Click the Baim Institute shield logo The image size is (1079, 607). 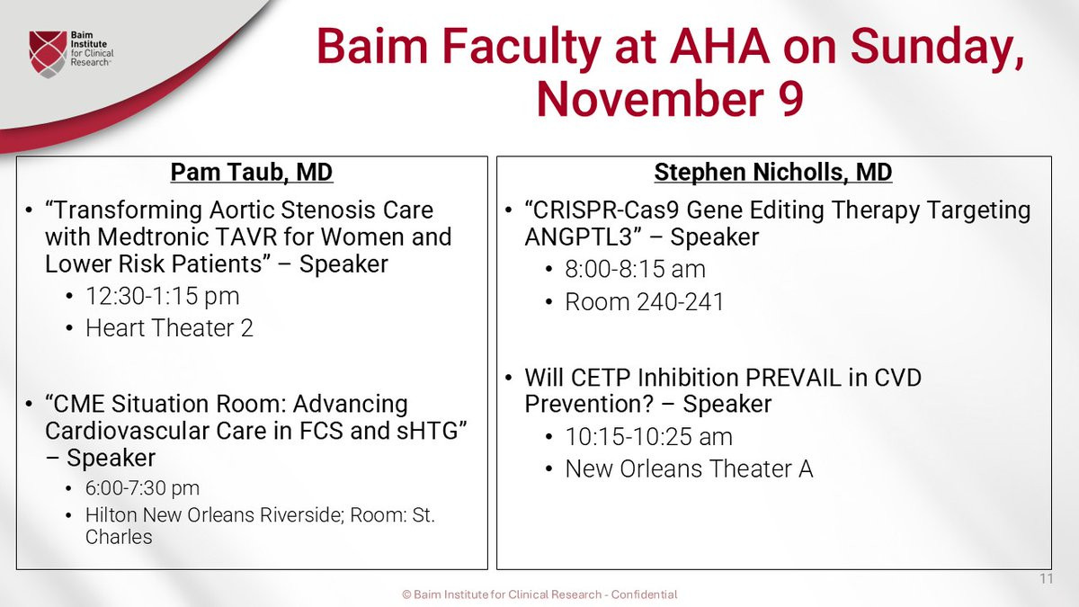(48, 53)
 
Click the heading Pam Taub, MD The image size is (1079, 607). (252, 172)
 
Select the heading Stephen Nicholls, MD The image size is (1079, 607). (773, 172)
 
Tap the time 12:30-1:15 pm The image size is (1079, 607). (163, 296)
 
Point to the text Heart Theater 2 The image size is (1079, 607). (169, 328)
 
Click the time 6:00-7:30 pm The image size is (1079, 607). (142, 488)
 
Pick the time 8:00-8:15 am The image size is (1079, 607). (635, 269)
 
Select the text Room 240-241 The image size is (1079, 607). (644, 302)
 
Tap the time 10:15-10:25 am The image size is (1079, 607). (648, 437)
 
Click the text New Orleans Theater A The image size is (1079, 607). (689, 469)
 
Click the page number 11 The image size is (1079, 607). (1047, 578)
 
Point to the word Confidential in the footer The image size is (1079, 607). (644, 594)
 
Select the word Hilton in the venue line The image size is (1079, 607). (111, 515)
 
